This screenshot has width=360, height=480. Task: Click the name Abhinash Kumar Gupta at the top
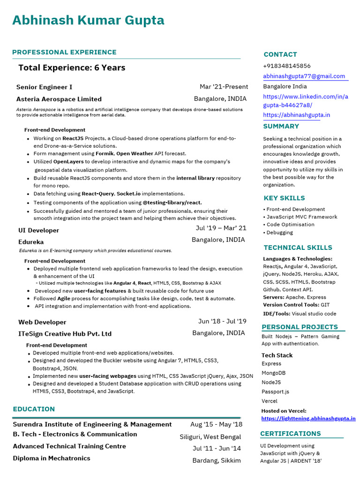[88, 21]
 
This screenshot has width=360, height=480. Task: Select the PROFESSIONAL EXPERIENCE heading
[64, 52]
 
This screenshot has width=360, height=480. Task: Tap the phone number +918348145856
[286, 66]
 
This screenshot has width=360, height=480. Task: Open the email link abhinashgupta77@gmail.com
[304, 76]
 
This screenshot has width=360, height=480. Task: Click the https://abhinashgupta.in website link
[296, 115]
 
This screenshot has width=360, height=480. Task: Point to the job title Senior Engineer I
[44, 87]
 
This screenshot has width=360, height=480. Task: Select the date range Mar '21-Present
[224, 87]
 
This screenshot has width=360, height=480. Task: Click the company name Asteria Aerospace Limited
[59, 99]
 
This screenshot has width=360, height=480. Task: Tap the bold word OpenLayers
[71, 162]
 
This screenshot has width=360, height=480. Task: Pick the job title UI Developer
[38, 230]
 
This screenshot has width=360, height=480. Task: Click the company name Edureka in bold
[31, 242]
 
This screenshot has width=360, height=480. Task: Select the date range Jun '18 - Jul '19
[222, 321]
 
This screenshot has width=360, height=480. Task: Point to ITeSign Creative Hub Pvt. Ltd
[65, 334]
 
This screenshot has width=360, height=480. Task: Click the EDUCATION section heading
[34, 409]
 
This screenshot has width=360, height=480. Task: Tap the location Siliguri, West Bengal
[210, 437]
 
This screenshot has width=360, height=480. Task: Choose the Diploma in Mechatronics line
[52, 458]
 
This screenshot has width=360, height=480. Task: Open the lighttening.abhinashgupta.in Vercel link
[308, 419]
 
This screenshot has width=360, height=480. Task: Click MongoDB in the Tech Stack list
[273, 373]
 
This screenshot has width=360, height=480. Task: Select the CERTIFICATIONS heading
[291, 434]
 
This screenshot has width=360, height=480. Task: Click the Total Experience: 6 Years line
[72, 67]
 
